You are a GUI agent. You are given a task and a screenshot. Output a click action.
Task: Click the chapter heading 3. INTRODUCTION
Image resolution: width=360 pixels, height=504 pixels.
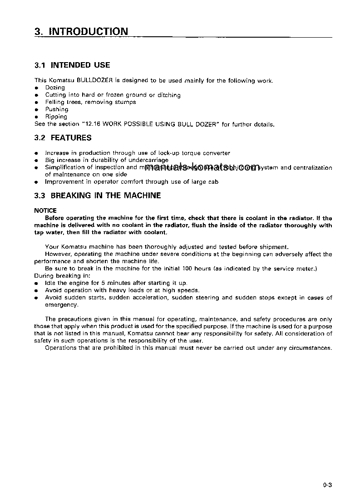click(x=81, y=31)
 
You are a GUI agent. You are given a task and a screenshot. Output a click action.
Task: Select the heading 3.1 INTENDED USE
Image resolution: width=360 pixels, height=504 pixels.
click(x=72, y=65)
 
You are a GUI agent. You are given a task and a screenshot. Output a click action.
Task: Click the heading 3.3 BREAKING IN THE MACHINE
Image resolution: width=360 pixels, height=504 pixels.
click(x=98, y=196)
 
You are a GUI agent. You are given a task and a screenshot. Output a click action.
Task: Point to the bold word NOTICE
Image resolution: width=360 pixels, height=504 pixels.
click(x=45, y=210)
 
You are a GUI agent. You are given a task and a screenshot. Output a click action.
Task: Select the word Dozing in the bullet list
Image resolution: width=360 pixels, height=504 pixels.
click(x=55, y=88)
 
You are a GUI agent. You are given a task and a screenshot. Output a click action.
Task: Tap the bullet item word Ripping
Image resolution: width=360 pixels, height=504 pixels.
click(x=56, y=117)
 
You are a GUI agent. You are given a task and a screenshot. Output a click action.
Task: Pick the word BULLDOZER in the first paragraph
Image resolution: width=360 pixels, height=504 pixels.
click(x=94, y=80)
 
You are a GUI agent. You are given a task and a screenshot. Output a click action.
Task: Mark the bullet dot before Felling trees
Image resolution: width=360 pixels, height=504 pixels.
click(x=37, y=103)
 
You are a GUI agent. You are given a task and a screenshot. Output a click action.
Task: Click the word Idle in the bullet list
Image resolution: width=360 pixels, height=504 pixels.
click(x=50, y=283)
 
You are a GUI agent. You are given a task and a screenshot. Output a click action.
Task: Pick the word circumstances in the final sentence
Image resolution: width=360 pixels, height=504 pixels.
click(x=314, y=348)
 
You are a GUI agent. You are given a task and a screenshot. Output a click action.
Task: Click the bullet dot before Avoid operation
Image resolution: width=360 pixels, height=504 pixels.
click(x=37, y=291)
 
